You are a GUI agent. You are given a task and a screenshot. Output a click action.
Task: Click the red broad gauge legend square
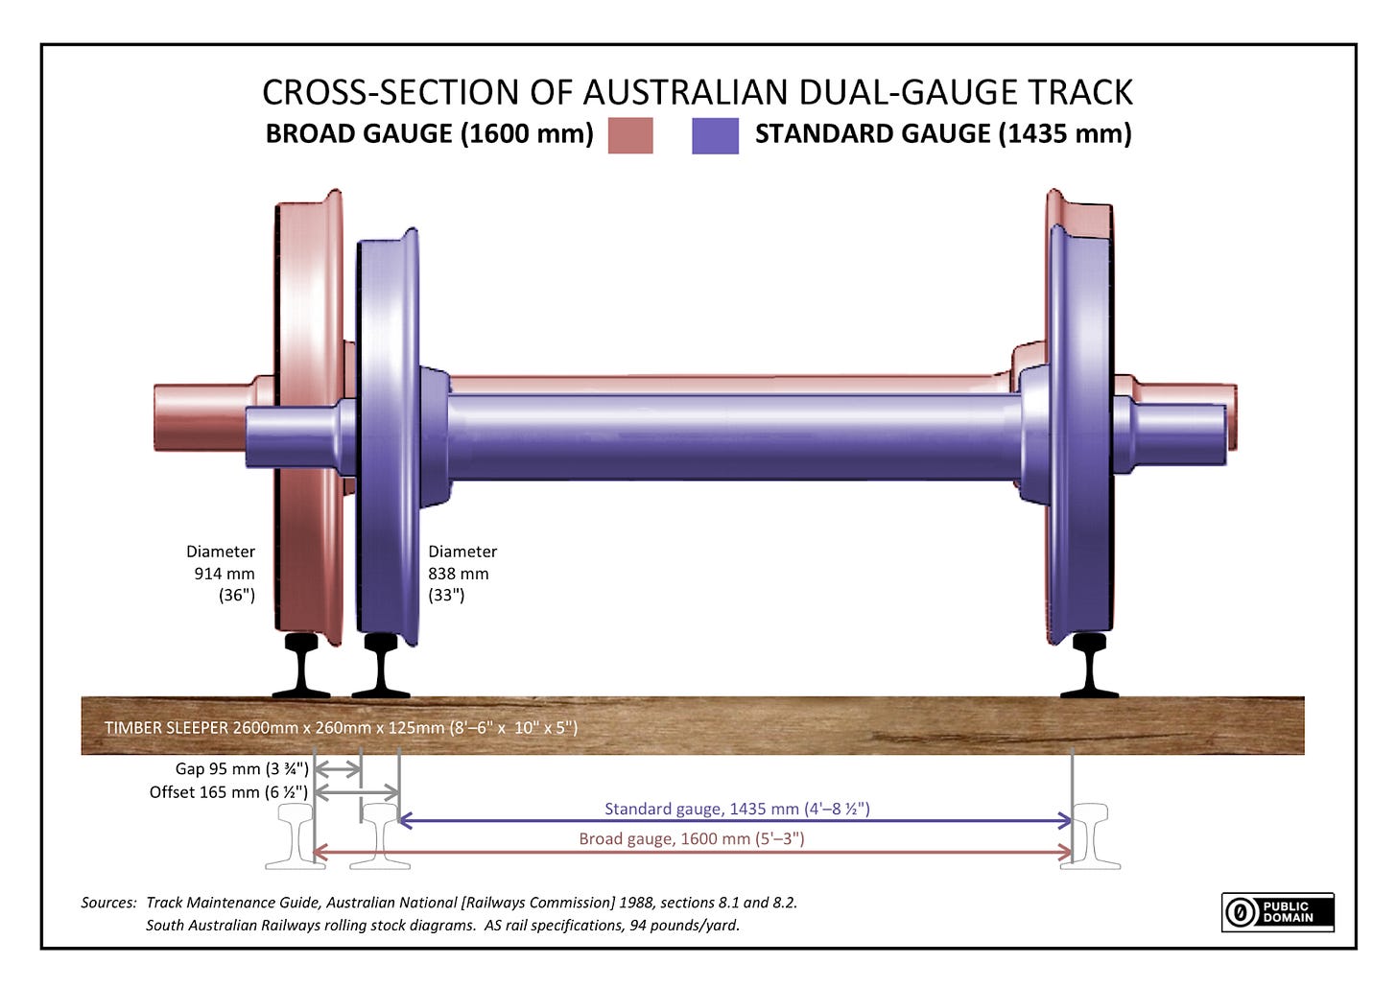pyautogui.click(x=630, y=135)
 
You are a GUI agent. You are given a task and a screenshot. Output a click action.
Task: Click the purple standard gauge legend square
pyautogui.click(x=715, y=135)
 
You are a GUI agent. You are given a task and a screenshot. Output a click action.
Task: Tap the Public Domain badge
pyautogui.click(x=1277, y=911)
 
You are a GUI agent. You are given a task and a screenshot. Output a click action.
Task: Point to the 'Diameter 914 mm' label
pyautogui.click(x=222, y=574)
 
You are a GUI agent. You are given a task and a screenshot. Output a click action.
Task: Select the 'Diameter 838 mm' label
pyautogui.click(x=462, y=574)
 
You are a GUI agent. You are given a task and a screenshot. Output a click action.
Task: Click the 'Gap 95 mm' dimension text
pyautogui.click(x=242, y=768)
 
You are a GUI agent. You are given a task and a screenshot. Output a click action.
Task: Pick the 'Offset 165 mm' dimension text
pyautogui.click(x=228, y=792)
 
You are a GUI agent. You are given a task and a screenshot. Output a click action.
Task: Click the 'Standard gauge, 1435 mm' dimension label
pyautogui.click(x=737, y=809)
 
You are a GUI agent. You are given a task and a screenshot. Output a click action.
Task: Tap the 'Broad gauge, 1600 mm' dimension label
pyautogui.click(x=691, y=839)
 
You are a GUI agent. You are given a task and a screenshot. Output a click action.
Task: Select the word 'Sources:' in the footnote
pyautogui.click(x=108, y=903)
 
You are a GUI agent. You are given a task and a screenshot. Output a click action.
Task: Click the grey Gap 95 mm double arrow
pyautogui.click(x=338, y=769)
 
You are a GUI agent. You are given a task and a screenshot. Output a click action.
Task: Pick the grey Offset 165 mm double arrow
pyautogui.click(x=356, y=792)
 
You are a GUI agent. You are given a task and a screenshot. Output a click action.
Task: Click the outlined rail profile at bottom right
pyautogui.click(x=1090, y=835)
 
